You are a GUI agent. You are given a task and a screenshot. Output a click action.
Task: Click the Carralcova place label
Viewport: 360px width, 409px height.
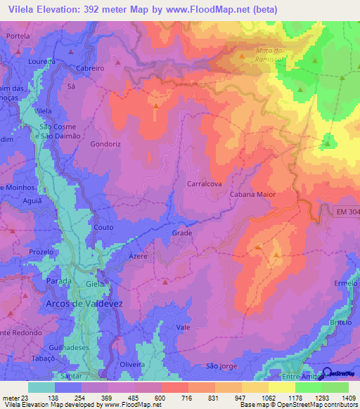(x=205, y=183)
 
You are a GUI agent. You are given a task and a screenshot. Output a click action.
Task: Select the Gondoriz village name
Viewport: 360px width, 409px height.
(x=106, y=143)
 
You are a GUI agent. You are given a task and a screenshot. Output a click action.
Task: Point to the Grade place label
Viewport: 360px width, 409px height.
(x=181, y=233)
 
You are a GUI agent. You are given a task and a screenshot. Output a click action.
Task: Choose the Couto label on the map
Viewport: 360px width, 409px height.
(x=103, y=228)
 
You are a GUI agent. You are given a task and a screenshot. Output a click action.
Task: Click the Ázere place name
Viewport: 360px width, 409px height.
(x=138, y=257)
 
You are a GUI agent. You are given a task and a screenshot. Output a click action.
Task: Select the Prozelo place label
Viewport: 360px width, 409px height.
(x=41, y=252)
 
